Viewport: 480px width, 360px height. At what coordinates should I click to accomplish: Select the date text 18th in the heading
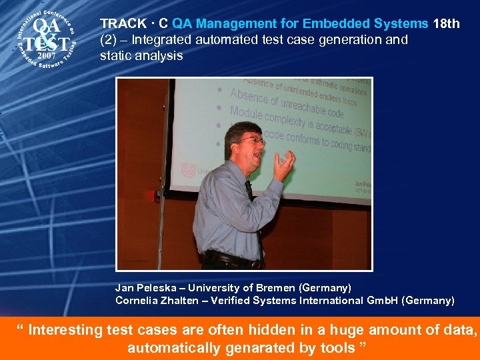[x=446, y=24]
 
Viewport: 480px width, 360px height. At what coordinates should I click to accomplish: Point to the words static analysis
[x=141, y=56]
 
